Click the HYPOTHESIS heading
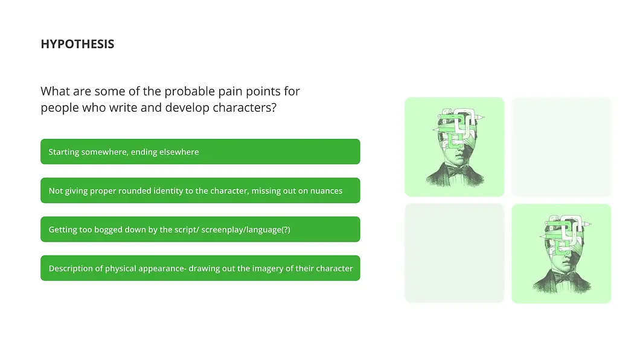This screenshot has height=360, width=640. pos(77,44)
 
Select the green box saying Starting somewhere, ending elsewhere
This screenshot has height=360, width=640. pos(200,152)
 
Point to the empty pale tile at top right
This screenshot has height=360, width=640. pos(561,147)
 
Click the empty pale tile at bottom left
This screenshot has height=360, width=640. pos(454,253)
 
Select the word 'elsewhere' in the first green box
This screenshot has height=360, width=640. pos(179,152)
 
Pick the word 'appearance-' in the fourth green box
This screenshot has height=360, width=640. pos(162,268)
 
